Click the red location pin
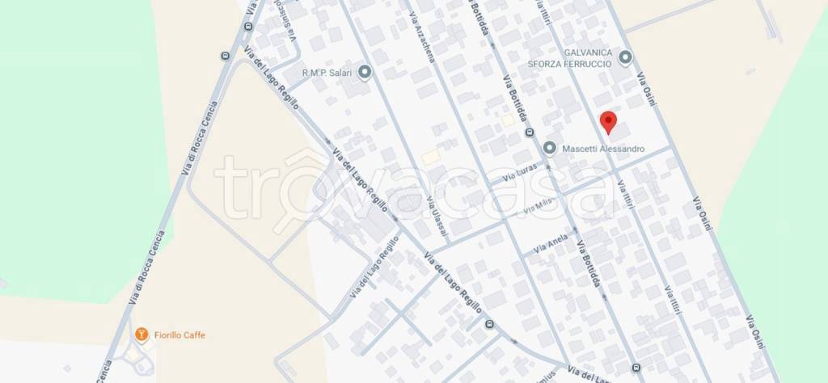coord(609,123)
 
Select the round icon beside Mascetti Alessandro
coord(550,148)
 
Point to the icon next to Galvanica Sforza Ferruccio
coord(625,57)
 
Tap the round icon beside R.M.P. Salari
coord(364,73)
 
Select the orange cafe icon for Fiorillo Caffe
coord(142,333)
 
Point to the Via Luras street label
coord(520,175)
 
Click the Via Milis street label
coord(542,206)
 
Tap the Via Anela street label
coord(551,245)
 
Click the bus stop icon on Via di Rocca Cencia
coord(224,56)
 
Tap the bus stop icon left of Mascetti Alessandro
coord(530,133)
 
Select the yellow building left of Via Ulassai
coord(431,156)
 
